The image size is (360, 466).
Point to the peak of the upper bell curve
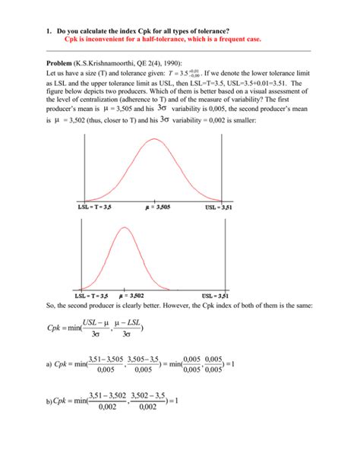(156, 138)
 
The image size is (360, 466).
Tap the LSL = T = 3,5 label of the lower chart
(93, 294)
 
